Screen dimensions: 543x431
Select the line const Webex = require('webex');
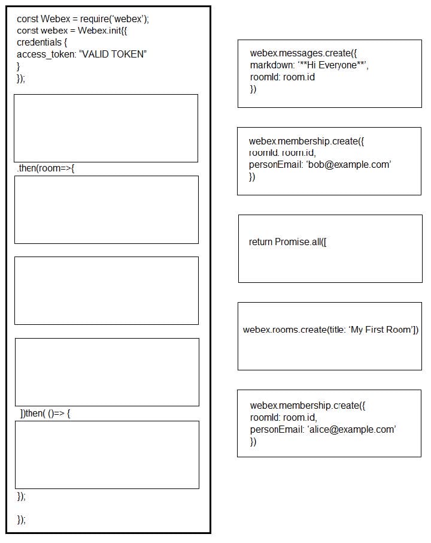(83, 19)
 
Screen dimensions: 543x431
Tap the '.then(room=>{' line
(45, 168)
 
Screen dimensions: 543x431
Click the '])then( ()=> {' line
(45, 414)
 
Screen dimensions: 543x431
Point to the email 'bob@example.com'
(348, 165)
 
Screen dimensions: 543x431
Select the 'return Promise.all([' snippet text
(288, 242)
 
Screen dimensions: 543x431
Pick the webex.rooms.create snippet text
(330, 330)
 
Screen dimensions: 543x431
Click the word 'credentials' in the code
(39, 43)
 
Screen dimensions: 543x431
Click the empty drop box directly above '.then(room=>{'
(106, 128)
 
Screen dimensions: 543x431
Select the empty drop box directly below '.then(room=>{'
(106, 209)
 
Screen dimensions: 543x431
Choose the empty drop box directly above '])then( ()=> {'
(107, 372)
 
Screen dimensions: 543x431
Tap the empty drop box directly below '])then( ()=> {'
(107, 454)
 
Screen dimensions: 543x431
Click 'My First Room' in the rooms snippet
(381, 330)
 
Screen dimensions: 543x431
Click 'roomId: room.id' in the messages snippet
(282, 77)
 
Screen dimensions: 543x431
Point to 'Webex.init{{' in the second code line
(102, 31)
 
